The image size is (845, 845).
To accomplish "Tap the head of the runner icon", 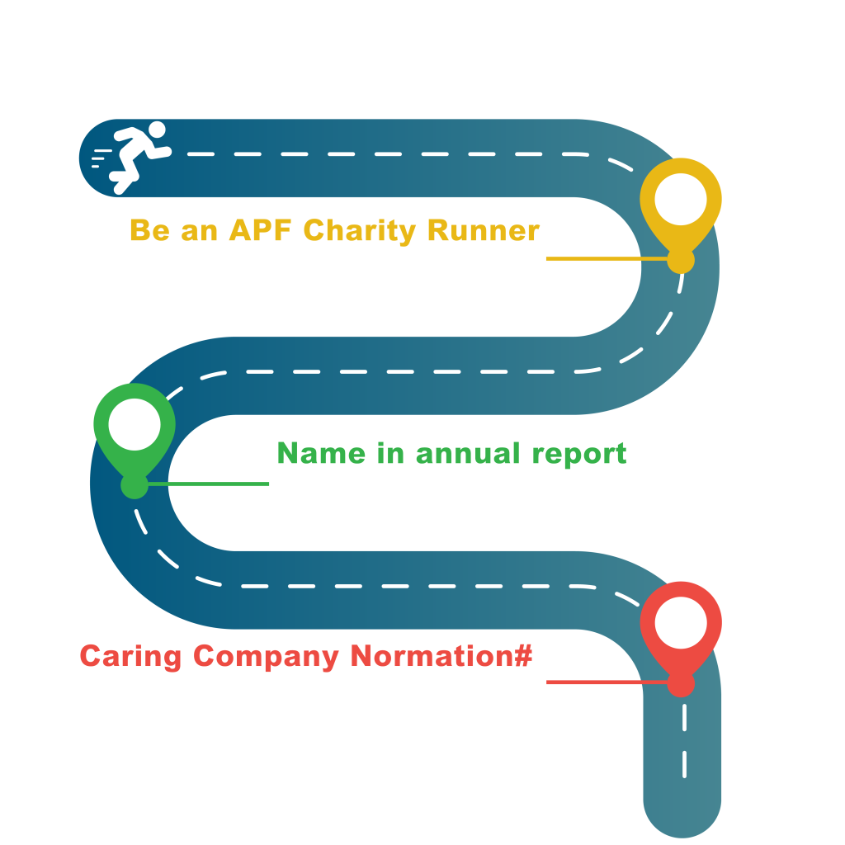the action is tap(157, 130).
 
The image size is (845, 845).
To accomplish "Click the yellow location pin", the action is tap(681, 215).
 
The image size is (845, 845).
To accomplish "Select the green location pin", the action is tap(135, 441).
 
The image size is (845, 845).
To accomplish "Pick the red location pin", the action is tap(681, 640).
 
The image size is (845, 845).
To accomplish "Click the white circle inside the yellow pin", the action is tap(681, 199).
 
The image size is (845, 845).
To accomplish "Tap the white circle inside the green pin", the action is tap(135, 424).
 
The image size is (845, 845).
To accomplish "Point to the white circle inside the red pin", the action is tap(681, 622).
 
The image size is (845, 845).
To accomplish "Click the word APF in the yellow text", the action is tap(260, 230).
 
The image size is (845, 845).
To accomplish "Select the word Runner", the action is tap(484, 230).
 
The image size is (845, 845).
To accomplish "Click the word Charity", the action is tap(360, 232).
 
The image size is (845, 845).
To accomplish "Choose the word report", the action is tap(579, 455).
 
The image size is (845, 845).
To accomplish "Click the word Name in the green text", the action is tap(321, 453).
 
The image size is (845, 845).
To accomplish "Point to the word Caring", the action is tap(130, 657).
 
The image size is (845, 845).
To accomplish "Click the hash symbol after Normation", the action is tap(522, 655).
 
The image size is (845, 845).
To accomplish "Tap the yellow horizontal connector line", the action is tap(607, 258).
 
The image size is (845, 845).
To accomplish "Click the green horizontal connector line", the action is tap(208, 484).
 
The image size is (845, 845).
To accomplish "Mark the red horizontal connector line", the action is tap(607, 682).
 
